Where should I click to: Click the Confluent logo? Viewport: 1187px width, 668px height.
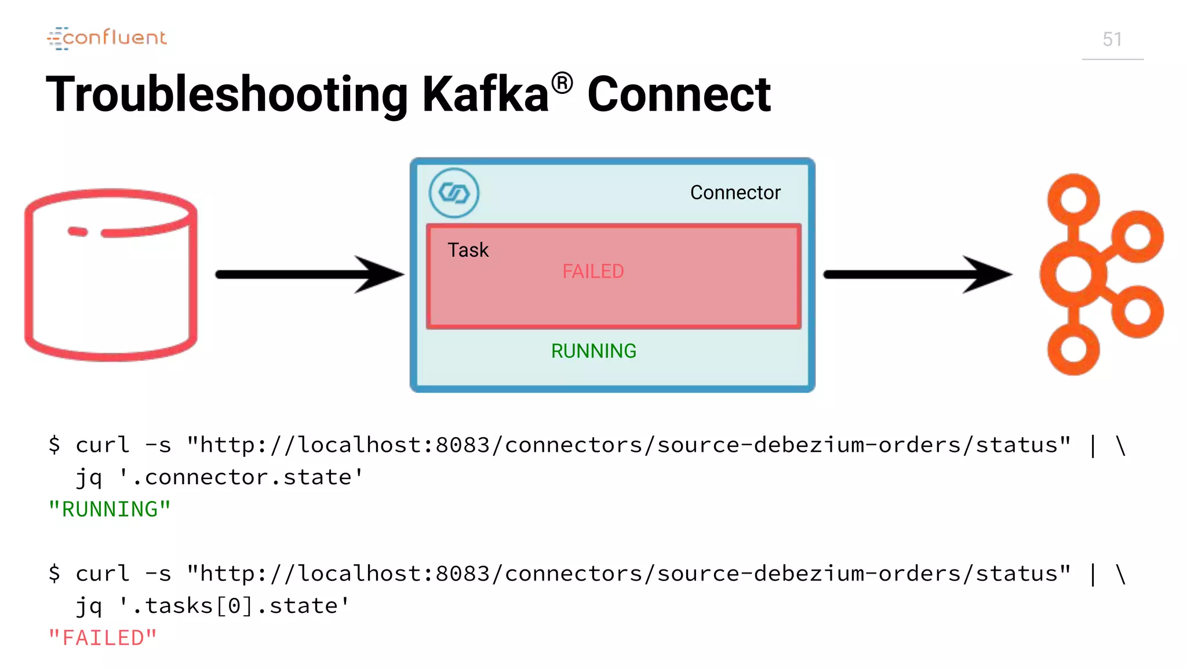point(107,38)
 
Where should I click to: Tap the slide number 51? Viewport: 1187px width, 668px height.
point(1112,39)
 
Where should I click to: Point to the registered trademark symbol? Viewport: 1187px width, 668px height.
point(562,83)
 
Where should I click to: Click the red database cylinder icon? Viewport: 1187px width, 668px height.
point(111,275)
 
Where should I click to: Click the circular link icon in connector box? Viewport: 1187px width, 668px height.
point(454,193)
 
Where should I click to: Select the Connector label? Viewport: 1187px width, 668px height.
point(735,193)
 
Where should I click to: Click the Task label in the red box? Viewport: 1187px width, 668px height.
point(468,250)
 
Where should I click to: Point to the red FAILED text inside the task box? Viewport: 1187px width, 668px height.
point(593,271)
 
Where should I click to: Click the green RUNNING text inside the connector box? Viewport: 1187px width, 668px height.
point(593,351)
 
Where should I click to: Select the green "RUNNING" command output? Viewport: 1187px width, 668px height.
point(110,509)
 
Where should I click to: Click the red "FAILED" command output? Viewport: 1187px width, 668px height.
point(103,638)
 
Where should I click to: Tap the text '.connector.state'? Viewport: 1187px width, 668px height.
point(241,477)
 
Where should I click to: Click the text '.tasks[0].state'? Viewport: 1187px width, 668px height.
point(234,606)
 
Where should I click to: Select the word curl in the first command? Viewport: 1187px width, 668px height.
point(102,445)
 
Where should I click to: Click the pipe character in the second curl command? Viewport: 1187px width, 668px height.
point(1093,574)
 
